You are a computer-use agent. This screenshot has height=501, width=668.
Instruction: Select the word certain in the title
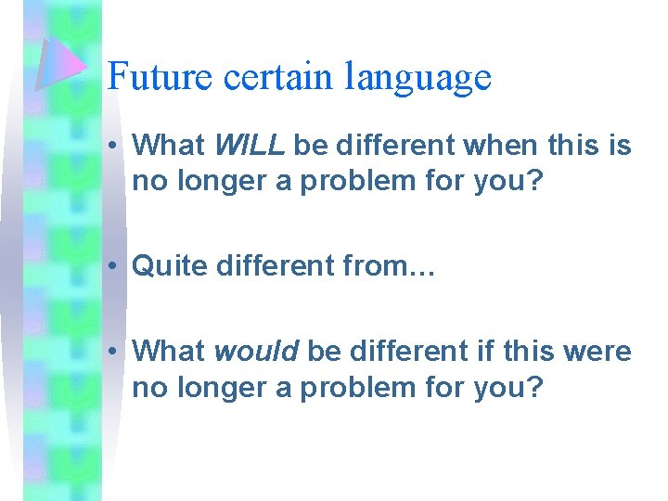(278, 76)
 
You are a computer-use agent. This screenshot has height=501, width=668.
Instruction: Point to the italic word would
(256, 351)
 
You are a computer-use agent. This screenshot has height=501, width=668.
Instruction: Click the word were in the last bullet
(599, 351)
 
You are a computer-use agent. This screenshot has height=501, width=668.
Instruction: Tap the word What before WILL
(169, 145)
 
